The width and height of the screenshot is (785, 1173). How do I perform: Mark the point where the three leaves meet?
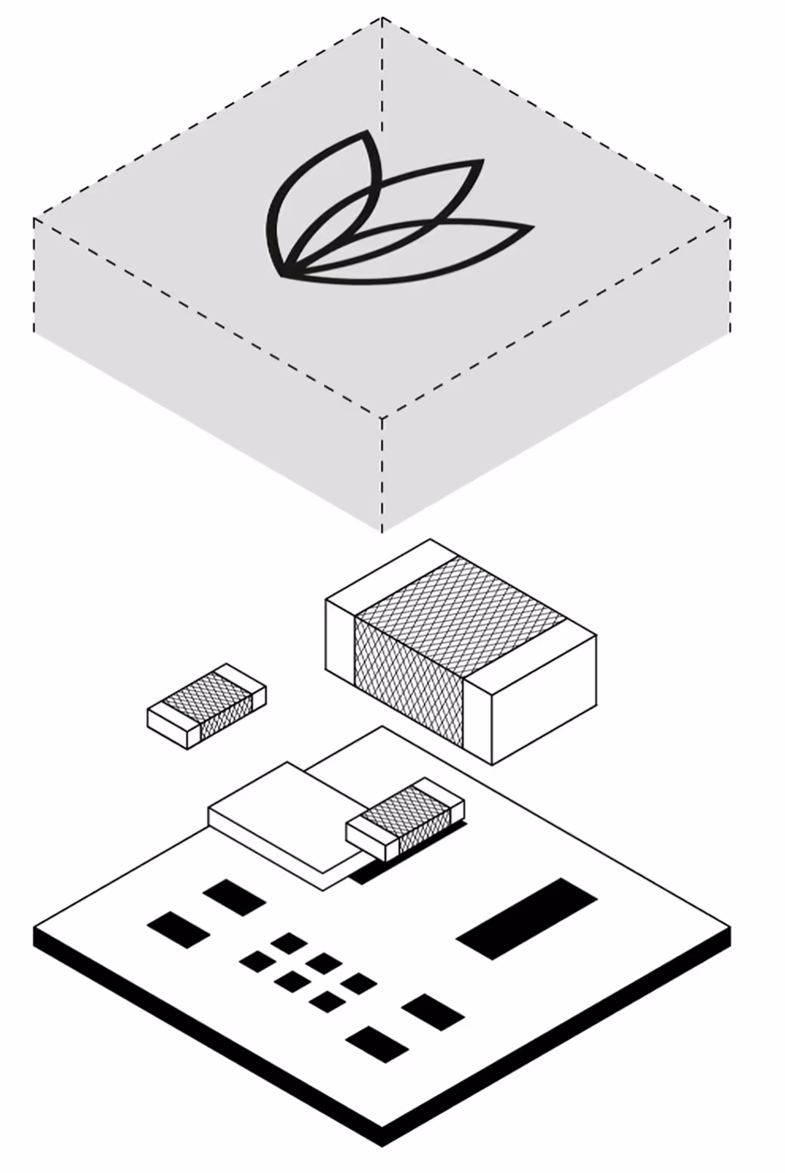[285, 272]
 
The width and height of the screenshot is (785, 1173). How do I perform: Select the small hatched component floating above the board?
[206, 705]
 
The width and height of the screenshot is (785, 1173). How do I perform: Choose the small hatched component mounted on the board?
[405, 820]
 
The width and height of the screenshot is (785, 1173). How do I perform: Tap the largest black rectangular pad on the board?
[527, 918]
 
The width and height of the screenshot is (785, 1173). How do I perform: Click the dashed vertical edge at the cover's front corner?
[382, 473]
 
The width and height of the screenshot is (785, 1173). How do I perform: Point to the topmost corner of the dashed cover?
[382, 17]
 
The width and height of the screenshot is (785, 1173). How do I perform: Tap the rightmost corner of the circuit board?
[730, 927]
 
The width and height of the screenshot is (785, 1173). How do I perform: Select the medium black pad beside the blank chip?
[235, 898]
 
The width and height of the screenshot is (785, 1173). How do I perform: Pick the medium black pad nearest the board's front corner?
[377, 1044]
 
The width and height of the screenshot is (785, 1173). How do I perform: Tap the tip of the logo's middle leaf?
[483, 161]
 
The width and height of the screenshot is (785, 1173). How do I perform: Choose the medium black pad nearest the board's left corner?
[179, 929]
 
